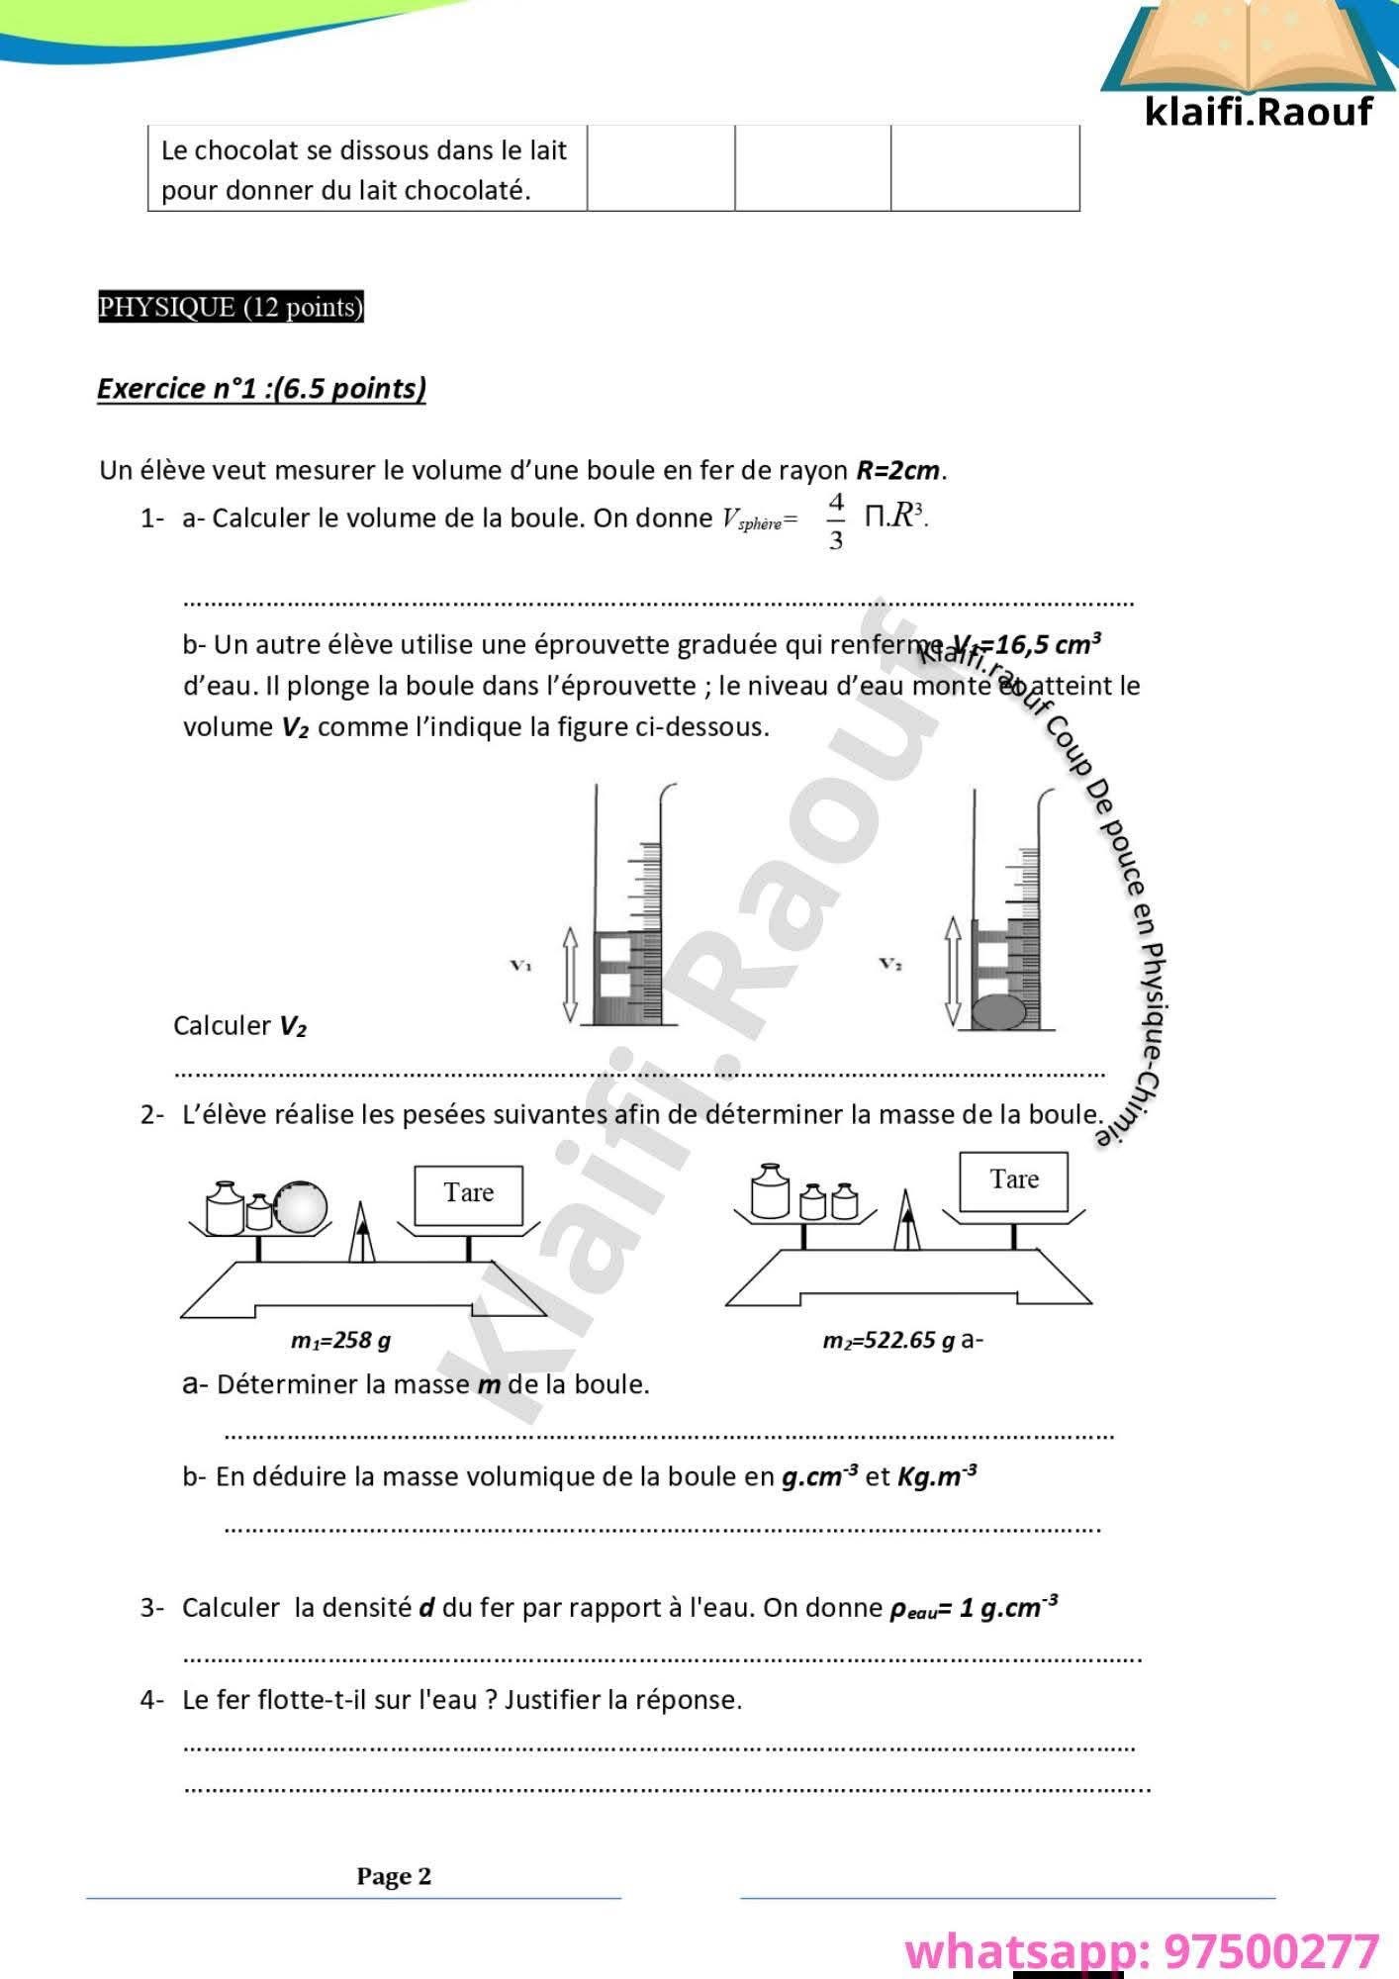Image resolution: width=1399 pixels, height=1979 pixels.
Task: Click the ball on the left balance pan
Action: [300, 1207]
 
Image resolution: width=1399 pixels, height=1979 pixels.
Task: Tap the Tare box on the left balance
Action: [468, 1194]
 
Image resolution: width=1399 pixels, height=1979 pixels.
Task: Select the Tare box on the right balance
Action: [1014, 1180]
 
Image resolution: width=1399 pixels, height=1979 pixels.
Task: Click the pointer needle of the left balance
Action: [362, 1234]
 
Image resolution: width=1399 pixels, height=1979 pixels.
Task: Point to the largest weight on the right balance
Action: [770, 1192]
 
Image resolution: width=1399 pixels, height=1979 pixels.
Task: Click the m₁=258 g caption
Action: [340, 1341]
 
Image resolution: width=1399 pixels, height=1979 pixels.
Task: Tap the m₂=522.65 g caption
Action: [888, 1341]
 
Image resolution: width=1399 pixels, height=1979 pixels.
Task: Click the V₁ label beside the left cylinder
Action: [520, 965]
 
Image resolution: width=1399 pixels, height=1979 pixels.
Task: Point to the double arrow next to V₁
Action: [570, 974]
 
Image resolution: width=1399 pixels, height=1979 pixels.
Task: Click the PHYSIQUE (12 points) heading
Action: [231, 308]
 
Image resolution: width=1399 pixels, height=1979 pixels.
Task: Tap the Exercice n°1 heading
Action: [261, 388]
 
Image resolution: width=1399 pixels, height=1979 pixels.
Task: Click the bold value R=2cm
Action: [897, 470]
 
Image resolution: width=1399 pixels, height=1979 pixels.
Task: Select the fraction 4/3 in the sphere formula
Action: [836, 520]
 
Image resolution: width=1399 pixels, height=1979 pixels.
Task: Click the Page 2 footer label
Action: [394, 1876]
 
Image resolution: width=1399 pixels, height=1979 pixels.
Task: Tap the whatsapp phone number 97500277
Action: [1270, 1951]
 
